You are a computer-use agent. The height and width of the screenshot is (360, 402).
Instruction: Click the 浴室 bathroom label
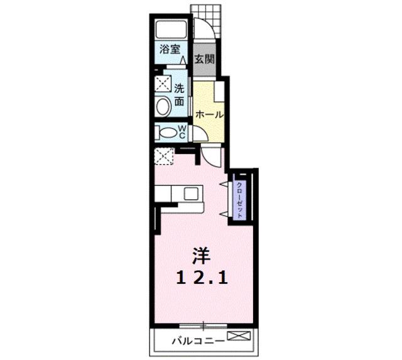170,49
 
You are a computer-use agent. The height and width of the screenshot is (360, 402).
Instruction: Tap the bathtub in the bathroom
171,30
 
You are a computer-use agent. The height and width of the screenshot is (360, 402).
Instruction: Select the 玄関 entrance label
204,60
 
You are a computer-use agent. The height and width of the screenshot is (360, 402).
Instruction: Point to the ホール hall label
209,114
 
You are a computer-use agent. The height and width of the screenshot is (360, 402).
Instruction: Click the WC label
182,132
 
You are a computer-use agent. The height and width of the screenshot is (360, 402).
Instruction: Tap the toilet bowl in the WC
167,133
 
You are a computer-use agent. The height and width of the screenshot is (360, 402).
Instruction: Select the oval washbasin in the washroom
163,107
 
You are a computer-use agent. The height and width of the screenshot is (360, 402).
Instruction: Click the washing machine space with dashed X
163,84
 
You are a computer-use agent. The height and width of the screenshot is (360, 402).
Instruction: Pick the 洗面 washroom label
179,95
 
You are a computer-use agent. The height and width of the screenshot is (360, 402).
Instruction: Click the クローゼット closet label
239,200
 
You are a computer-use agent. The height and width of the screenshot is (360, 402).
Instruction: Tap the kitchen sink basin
191,194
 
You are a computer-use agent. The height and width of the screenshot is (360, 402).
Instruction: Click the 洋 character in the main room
202,256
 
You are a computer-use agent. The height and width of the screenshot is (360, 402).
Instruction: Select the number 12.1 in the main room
202,278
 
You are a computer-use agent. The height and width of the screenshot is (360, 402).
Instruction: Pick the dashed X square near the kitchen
165,156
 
